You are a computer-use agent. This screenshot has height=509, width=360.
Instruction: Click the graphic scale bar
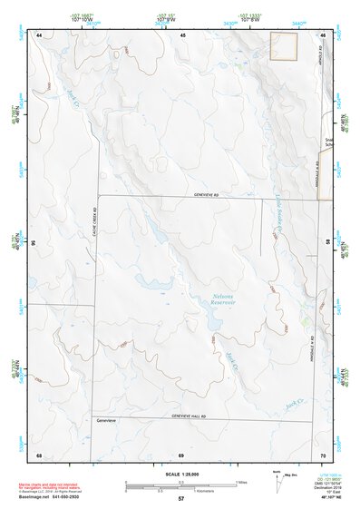point(180,484)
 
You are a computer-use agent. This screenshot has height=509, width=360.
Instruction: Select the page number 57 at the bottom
point(180,499)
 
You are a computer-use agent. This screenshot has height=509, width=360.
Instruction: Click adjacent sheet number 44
point(40,34)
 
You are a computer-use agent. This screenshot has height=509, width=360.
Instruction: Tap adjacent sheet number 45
point(182,34)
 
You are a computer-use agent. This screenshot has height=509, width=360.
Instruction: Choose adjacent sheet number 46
point(324,34)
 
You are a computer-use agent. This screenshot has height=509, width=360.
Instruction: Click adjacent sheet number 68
point(39,454)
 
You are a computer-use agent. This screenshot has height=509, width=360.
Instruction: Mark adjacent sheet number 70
point(324,454)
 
